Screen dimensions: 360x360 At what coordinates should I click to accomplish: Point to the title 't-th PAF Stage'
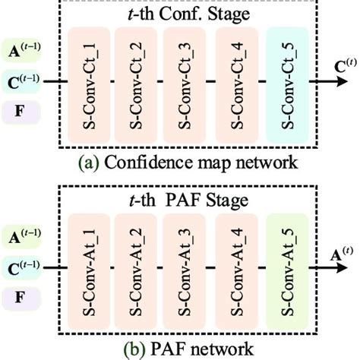187,199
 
